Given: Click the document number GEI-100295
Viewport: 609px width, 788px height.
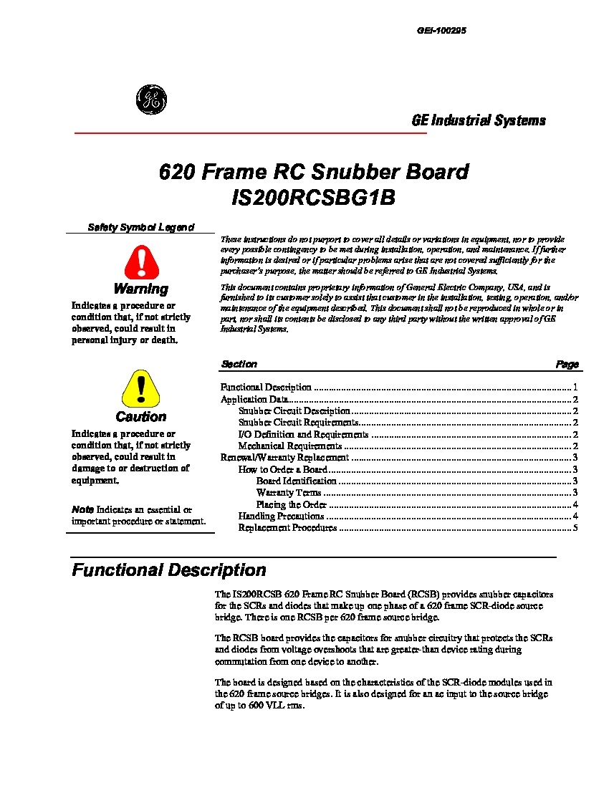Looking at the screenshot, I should [x=442, y=32].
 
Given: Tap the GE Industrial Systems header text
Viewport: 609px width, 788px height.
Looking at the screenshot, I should [x=479, y=120].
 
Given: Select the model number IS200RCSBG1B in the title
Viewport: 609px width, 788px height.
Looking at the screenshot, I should [x=314, y=198].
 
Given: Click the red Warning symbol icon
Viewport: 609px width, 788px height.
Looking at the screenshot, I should [x=141, y=262].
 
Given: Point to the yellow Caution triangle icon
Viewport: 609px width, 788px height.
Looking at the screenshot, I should [x=141, y=389].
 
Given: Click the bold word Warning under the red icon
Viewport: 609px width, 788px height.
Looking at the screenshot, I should [x=141, y=289].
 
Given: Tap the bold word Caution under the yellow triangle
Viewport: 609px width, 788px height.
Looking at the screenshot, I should [x=141, y=417].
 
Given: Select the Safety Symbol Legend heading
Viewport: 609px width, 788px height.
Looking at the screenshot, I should [x=140, y=227].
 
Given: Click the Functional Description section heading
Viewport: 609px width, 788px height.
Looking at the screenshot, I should [x=169, y=570].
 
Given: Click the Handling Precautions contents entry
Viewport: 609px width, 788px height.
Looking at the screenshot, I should [x=281, y=516].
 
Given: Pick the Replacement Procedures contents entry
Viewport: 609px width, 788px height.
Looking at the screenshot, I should [x=287, y=528].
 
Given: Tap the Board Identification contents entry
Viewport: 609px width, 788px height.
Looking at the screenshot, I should [x=296, y=481].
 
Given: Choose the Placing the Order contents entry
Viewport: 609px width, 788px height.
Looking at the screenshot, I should [x=292, y=504].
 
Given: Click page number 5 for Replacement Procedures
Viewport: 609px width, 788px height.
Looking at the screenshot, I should [x=575, y=528].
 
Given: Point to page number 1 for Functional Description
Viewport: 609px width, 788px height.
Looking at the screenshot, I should [x=575, y=387].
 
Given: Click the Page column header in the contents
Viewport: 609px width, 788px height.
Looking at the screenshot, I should [x=567, y=365].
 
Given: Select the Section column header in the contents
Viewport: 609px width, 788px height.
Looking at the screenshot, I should [x=239, y=364].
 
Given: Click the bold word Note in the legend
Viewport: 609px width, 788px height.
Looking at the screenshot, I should [x=82, y=509].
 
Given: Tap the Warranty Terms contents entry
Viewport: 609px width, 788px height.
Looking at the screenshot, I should [x=289, y=493].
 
